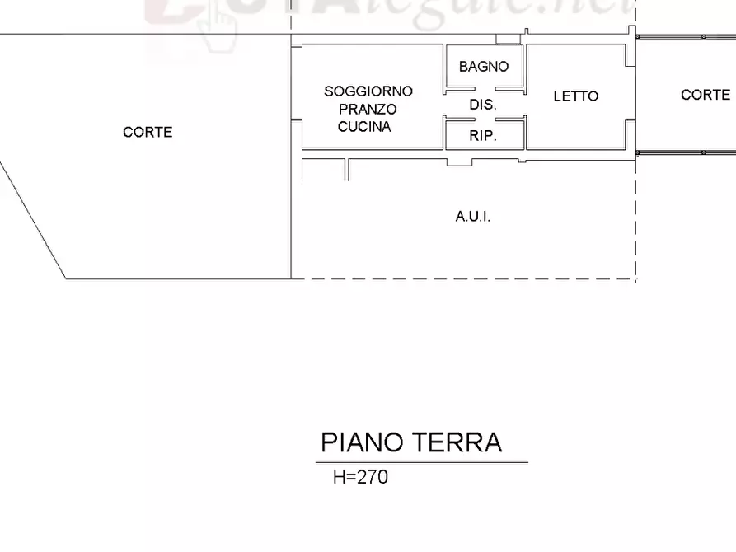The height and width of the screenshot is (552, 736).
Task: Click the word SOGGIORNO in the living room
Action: [x=368, y=91]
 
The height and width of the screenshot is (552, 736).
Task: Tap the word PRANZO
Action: [x=368, y=109]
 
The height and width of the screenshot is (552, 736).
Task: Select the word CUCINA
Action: [x=364, y=127]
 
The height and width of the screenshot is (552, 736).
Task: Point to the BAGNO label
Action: [x=484, y=67]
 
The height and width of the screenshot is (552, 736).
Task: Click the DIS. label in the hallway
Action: [x=483, y=105]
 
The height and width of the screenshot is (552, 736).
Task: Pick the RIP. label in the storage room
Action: [x=483, y=137]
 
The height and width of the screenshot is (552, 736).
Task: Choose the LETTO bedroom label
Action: [x=575, y=96]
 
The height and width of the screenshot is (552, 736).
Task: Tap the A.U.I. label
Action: [x=473, y=217]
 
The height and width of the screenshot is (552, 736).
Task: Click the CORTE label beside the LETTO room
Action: [x=705, y=95]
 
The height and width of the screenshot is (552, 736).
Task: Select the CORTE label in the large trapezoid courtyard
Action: [x=148, y=132]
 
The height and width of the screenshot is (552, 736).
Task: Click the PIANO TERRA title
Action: [x=411, y=442]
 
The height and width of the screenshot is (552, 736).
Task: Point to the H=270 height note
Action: [x=360, y=476]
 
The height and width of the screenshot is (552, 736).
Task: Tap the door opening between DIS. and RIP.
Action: [x=484, y=119]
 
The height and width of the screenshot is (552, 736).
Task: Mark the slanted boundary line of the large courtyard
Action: [x=33, y=220]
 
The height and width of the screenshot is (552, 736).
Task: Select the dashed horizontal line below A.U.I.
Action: [x=462, y=279]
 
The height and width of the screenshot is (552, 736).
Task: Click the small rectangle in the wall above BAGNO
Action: [x=508, y=39]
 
